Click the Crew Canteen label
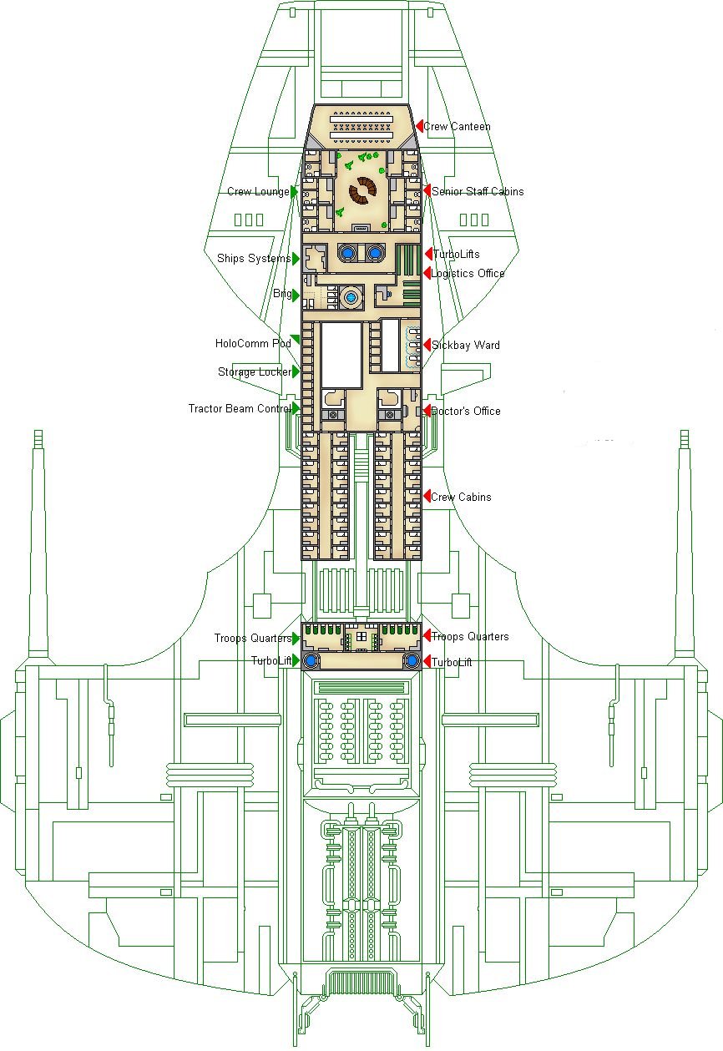point(457,127)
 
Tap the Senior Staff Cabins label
point(478,192)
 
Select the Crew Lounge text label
point(258,192)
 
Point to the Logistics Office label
point(468,274)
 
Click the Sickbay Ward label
point(465,345)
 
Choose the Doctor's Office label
point(465,411)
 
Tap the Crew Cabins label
point(461,497)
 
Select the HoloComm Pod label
point(253,343)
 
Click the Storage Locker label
point(255,371)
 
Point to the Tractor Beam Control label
point(239,408)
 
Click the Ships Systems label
point(254,258)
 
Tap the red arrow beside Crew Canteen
point(420,126)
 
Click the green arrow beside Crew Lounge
point(295,191)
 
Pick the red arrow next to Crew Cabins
point(427,497)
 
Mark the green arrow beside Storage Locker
point(296,371)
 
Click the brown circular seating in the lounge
point(362,190)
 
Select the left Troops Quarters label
point(253,639)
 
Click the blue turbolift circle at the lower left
point(311,661)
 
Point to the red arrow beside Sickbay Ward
point(427,345)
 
